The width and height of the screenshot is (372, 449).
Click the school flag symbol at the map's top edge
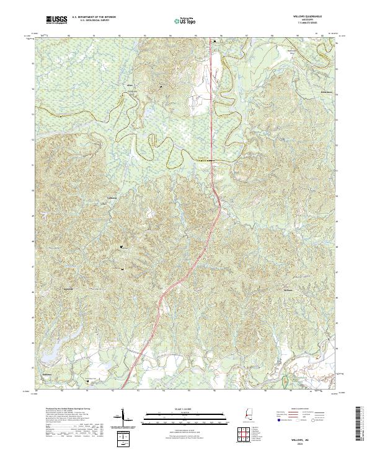click(x=215, y=41)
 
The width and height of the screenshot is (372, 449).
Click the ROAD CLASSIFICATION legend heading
click(x=299, y=409)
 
